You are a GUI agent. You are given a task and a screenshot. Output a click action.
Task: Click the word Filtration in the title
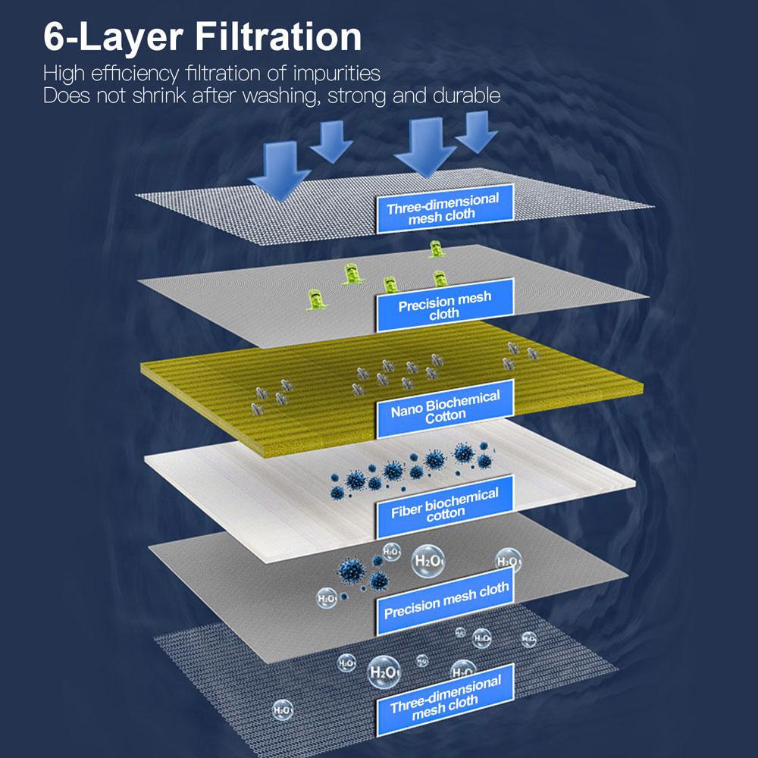[278, 36]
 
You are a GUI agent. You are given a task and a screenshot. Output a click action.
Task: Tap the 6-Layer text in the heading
[114, 36]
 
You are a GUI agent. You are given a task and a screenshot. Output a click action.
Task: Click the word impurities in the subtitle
[337, 74]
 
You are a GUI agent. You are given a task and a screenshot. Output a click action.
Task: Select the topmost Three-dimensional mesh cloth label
[444, 208]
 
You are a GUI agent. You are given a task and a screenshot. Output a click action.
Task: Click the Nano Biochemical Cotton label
[445, 408]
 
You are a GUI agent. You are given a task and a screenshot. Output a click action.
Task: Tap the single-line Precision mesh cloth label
[445, 601]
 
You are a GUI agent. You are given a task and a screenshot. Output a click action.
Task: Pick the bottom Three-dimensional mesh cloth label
[445, 700]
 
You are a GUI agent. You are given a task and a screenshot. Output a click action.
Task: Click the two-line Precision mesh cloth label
[445, 305]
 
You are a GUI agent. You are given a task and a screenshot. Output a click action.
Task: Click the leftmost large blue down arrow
[280, 171]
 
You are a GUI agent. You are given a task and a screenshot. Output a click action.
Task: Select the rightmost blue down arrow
[477, 132]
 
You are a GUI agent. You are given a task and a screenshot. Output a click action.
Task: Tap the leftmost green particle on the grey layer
[317, 300]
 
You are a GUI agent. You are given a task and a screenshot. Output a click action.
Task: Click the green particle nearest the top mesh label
[437, 249]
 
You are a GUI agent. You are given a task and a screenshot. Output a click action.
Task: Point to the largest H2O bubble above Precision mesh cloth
[428, 561]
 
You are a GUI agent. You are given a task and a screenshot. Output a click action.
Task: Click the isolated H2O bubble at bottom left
[283, 710]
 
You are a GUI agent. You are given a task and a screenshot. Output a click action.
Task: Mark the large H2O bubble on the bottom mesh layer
[384, 672]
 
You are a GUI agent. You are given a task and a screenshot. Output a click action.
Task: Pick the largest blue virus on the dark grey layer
[352, 571]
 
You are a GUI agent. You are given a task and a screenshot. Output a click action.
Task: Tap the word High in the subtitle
[64, 74]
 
